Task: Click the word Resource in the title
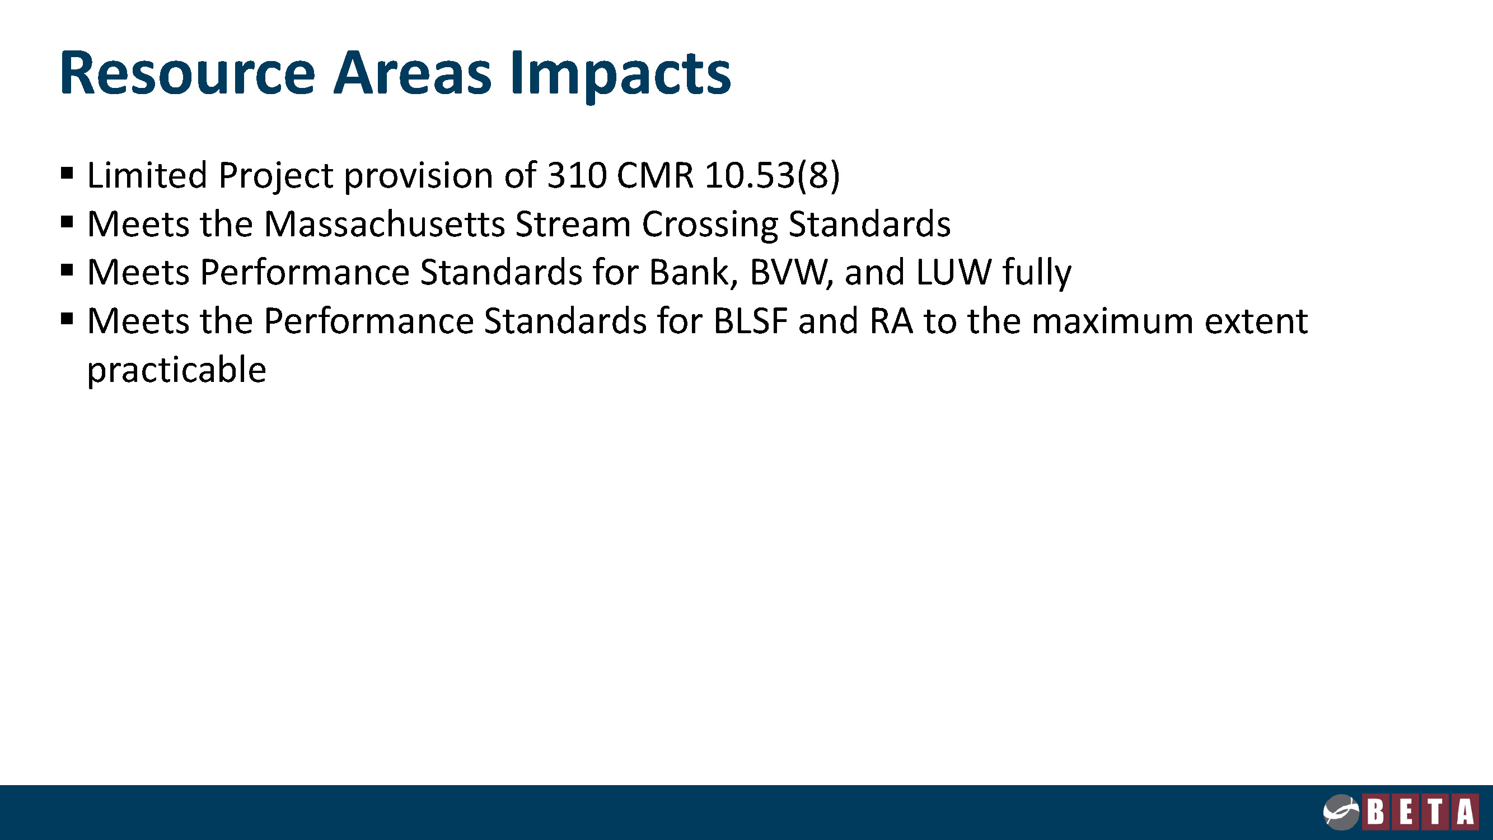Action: [187, 73]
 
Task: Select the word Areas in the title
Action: [413, 73]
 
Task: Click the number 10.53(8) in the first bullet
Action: [772, 175]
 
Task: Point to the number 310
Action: [577, 175]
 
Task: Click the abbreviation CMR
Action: [655, 175]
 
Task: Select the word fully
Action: [1037, 274]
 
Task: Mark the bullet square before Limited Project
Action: [67, 172]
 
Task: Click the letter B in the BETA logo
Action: [1376, 811]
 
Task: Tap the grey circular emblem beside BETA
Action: [1341, 812]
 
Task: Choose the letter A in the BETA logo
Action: [1465, 811]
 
